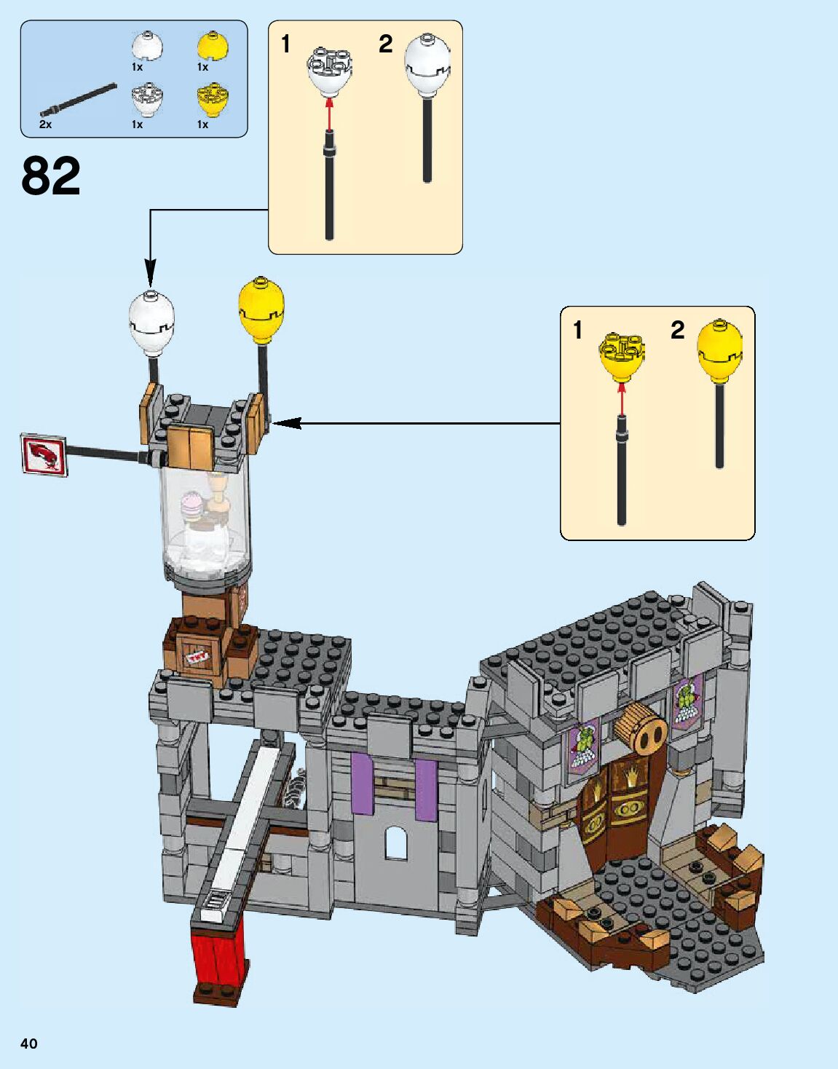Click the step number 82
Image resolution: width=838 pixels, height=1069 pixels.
coord(51,176)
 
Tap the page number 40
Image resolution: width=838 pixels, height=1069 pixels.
coord(28,1044)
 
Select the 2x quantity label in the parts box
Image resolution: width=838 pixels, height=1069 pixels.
coord(45,125)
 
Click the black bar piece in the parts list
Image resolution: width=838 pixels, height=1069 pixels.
coord(79,100)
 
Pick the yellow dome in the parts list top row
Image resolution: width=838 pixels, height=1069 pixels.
coord(213,46)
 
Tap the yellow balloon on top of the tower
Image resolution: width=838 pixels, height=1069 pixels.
coord(261,309)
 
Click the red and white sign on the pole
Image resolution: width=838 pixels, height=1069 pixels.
coord(44,455)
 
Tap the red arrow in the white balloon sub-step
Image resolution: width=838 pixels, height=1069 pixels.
coord(329,113)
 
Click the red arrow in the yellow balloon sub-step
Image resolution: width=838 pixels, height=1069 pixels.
coord(621,398)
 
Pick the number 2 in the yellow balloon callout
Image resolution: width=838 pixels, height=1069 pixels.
coord(677,331)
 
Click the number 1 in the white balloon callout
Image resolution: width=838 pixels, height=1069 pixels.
coord(286,44)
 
